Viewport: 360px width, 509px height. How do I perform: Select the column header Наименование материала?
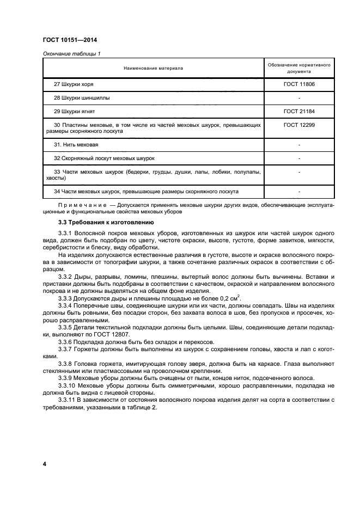(153, 68)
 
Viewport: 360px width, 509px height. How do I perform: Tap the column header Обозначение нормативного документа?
(300, 68)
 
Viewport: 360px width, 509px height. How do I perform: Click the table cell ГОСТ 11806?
(300, 84)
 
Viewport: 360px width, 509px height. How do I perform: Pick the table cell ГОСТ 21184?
(300, 112)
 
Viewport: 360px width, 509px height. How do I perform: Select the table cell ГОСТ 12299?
(300, 125)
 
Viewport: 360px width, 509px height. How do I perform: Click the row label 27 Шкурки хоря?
(74, 84)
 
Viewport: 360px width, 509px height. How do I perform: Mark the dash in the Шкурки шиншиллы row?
(300, 98)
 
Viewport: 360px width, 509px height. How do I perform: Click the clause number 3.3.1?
(65, 233)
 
